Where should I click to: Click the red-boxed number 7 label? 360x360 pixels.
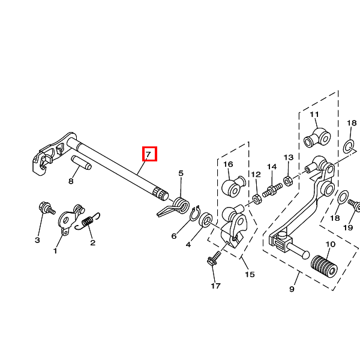[x=149, y=154]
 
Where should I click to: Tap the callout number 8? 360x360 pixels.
[x=71, y=181]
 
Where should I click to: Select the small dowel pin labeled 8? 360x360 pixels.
[x=81, y=163]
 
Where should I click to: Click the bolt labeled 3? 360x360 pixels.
[x=47, y=208]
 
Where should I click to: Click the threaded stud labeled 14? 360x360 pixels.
[x=272, y=190]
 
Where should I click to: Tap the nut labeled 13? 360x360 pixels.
[x=288, y=181]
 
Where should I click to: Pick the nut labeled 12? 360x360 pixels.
[x=257, y=199]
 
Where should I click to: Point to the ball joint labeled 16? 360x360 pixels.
[x=233, y=187]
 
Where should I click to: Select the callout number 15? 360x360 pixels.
[x=250, y=274]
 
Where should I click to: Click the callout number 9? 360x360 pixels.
[x=292, y=289]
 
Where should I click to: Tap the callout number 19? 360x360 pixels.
[x=348, y=227]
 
